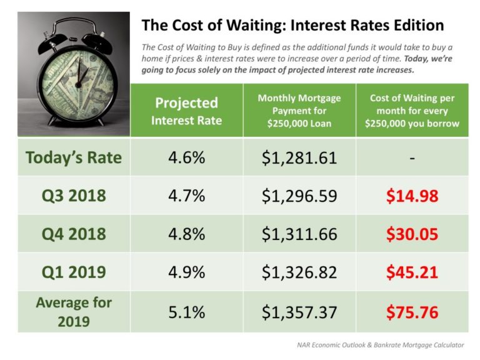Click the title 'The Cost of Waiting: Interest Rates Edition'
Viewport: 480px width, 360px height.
click(292, 26)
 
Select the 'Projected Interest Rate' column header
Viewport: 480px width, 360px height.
click(186, 111)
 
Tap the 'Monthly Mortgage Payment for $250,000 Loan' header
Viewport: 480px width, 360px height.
click(299, 111)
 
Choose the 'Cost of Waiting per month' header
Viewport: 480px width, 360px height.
click(412, 111)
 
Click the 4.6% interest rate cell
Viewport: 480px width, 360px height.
click(186, 157)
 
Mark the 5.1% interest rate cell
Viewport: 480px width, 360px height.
click(186, 311)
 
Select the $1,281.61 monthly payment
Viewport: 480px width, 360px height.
click(299, 157)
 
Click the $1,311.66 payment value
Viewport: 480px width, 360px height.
click(299, 234)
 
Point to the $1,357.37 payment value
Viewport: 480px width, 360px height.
click(299, 311)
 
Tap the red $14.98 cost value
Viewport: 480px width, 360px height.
click(412, 196)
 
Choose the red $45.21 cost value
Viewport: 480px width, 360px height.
click(412, 273)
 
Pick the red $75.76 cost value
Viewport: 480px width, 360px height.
click(412, 311)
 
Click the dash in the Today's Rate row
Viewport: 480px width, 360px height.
click(412, 157)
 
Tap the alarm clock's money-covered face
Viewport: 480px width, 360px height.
click(74, 76)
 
